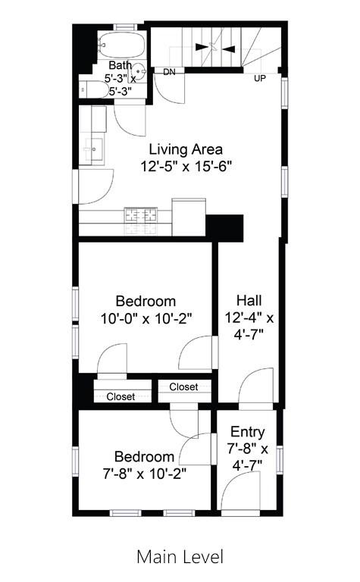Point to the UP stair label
[260, 78]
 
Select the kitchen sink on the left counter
[95, 148]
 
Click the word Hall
[249, 299]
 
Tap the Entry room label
[248, 433]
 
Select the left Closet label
[121, 396]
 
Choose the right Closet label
[183, 386]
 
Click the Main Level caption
[180, 557]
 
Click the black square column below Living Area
[224, 226]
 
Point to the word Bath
[119, 65]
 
